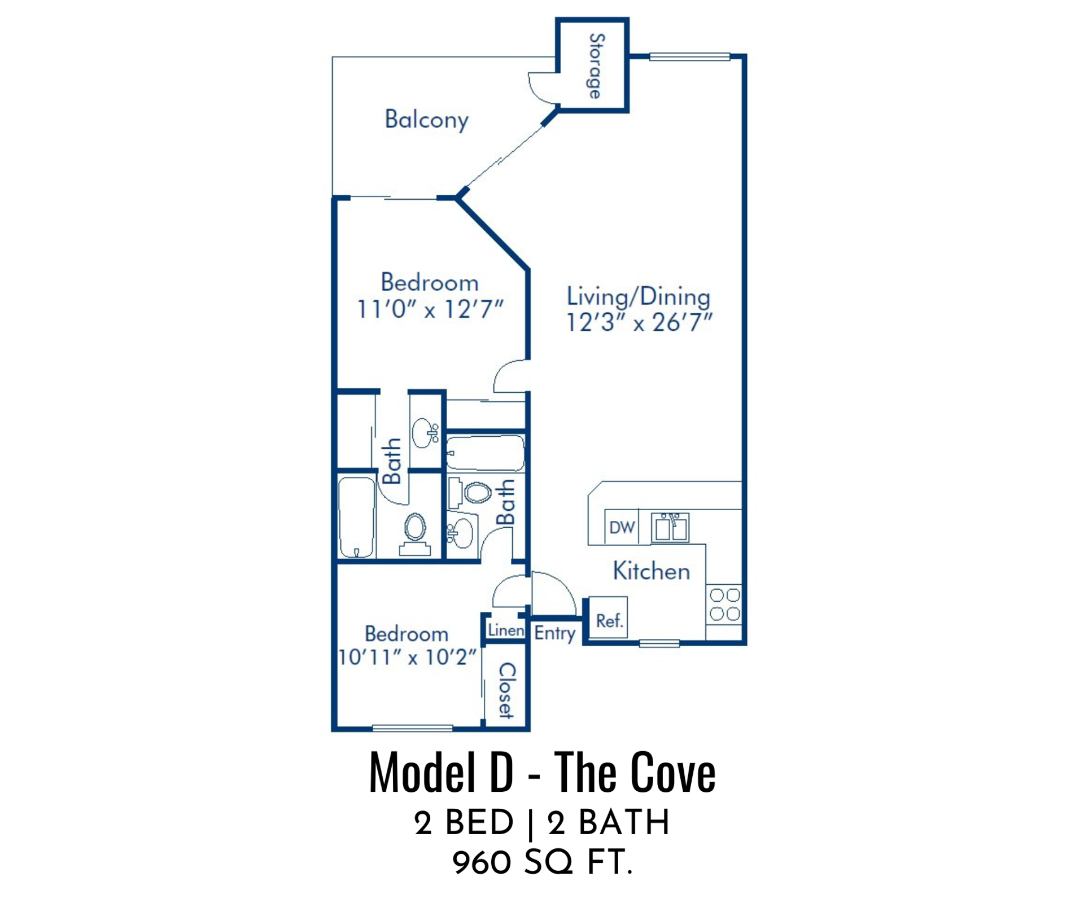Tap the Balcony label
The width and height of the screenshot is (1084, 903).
coord(426,120)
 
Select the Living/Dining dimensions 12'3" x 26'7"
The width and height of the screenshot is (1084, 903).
coord(639,322)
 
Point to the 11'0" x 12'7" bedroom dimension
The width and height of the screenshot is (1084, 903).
coord(430,309)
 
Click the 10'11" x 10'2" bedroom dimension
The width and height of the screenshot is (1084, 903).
coord(407,657)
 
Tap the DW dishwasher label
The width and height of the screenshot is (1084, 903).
coord(622,527)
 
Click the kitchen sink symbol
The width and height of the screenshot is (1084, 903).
coord(670,528)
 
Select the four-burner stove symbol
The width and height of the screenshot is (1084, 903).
coord(724,604)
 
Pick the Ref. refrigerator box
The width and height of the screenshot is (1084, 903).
coord(608,617)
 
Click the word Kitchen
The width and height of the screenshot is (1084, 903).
coord(652,571)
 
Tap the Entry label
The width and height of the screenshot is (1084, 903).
coord(555,633)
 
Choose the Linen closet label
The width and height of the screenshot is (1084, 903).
coord(506,630)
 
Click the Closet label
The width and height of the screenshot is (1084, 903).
coord(506,690)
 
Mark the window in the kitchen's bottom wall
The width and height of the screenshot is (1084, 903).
coord(659,643)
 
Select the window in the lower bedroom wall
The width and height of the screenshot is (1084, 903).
coord(413,729)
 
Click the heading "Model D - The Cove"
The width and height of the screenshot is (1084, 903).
coord(542,773)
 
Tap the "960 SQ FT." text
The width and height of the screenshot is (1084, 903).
coord(542,863)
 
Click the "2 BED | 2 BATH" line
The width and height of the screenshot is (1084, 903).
coord(542,822)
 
